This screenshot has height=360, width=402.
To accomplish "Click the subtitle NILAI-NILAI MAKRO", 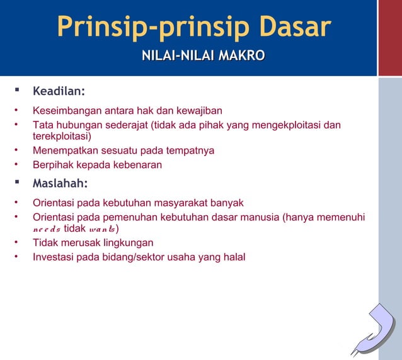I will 203,57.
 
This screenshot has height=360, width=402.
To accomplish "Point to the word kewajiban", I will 199,111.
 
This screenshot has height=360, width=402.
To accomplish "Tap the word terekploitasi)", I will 62,136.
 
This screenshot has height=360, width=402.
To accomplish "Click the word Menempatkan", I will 64,150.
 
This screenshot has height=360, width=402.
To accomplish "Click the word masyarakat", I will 181,203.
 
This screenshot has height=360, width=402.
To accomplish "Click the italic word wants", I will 102,228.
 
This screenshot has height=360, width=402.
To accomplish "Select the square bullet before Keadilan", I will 17,93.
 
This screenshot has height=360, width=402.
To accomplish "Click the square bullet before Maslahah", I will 17,183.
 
